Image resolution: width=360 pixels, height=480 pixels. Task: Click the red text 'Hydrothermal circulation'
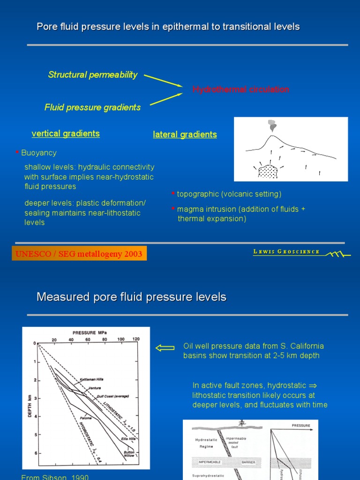point(240,90)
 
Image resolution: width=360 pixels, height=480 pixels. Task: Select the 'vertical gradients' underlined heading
point(66,134)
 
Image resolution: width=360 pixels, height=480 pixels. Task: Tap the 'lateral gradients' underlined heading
point(185,135)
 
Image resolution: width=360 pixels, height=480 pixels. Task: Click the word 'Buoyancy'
point(39,153)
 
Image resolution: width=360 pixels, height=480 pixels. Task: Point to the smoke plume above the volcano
point(272,125)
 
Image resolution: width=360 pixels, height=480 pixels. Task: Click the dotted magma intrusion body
point(268,172)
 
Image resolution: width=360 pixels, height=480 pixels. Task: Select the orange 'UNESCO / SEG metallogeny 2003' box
point(79,254)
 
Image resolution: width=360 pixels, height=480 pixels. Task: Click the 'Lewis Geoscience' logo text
point(286,252)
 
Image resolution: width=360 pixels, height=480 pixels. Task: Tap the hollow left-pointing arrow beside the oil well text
point(165,348)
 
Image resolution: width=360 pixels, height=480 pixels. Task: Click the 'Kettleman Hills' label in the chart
point(91,379)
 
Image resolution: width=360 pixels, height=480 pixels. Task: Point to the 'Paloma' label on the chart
point(85,418)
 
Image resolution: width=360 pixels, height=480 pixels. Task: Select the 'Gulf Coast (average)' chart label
point(112,396)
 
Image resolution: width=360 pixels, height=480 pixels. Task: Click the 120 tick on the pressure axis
point(136,339)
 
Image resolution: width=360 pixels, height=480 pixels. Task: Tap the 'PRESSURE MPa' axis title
point(90,332)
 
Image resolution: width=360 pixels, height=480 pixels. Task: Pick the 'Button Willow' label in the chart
point(129,454)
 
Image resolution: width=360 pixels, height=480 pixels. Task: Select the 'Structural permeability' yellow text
point(93,75)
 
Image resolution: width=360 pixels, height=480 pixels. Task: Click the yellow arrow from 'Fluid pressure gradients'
point(162,99)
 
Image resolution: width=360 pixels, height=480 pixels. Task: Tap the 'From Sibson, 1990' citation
point(55,477)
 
